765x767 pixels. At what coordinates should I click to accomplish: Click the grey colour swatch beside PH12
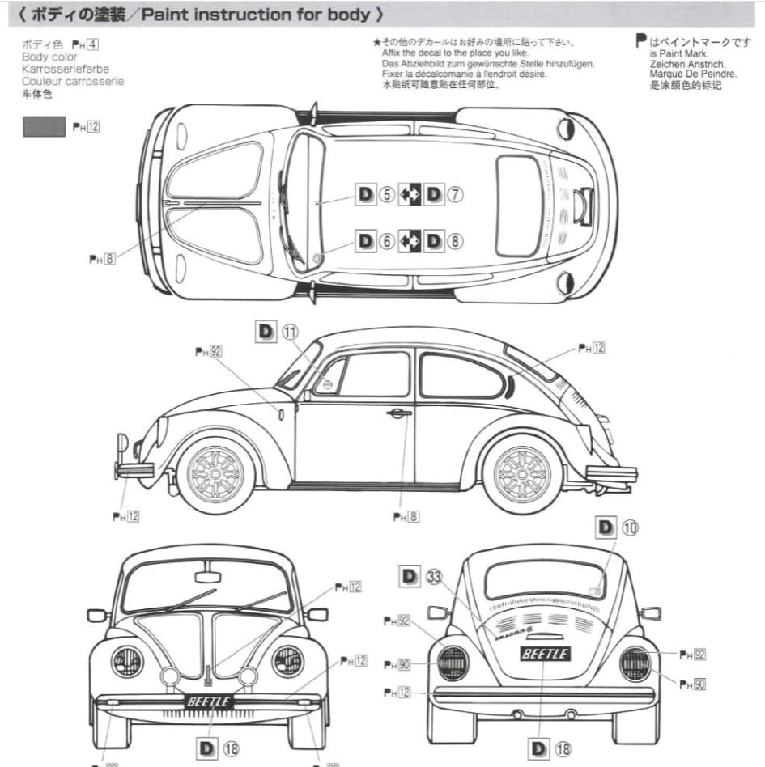click(x=44, y=126)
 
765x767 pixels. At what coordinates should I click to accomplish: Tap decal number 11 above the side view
click(x=290, y=331)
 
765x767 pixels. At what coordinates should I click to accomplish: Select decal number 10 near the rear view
click(x=629, y=528)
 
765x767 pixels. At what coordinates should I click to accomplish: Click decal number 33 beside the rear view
click(x=434, y=576)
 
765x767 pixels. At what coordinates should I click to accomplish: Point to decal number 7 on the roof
click(x=455, y=194)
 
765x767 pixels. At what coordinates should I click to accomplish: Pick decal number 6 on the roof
click(x=386, y=240)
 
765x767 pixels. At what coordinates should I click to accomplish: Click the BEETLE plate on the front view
click(x=209, y=701)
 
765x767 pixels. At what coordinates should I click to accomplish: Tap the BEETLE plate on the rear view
click(x=545, y=654)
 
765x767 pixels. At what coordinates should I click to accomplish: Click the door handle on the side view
click(x=398, y=413)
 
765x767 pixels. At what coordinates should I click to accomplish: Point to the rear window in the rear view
click(x=545, y=578)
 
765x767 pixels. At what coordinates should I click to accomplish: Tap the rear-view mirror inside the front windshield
click(x=207, y=577)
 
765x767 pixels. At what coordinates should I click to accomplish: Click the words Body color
click(x=49, y=57)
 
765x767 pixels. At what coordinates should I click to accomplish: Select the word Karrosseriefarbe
click(x=66, y=70)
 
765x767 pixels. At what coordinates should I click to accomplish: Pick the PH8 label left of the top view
click(x=102, y=259)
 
